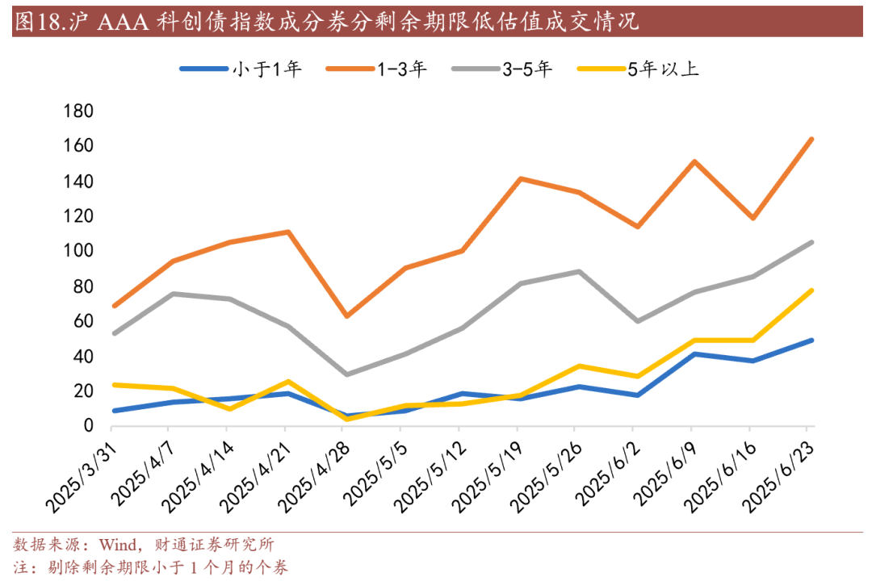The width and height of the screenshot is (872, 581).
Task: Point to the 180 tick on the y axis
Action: (x=78, y=111)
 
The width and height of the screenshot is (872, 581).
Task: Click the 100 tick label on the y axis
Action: (x=78, y=252)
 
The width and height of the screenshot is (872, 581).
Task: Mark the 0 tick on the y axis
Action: (x=89, y=426)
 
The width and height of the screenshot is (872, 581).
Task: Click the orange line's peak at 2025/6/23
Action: (x=811, y=139)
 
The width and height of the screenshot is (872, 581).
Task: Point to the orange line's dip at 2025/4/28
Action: (x=346, y=316)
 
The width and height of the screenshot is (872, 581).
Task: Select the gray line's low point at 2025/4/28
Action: (x=346, y=374)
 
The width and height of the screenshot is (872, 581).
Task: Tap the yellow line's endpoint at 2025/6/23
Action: (x=811, y=290)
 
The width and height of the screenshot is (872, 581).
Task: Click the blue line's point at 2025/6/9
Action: (x=695, y=353)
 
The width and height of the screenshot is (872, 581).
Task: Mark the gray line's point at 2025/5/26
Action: (x=579, y=271)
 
